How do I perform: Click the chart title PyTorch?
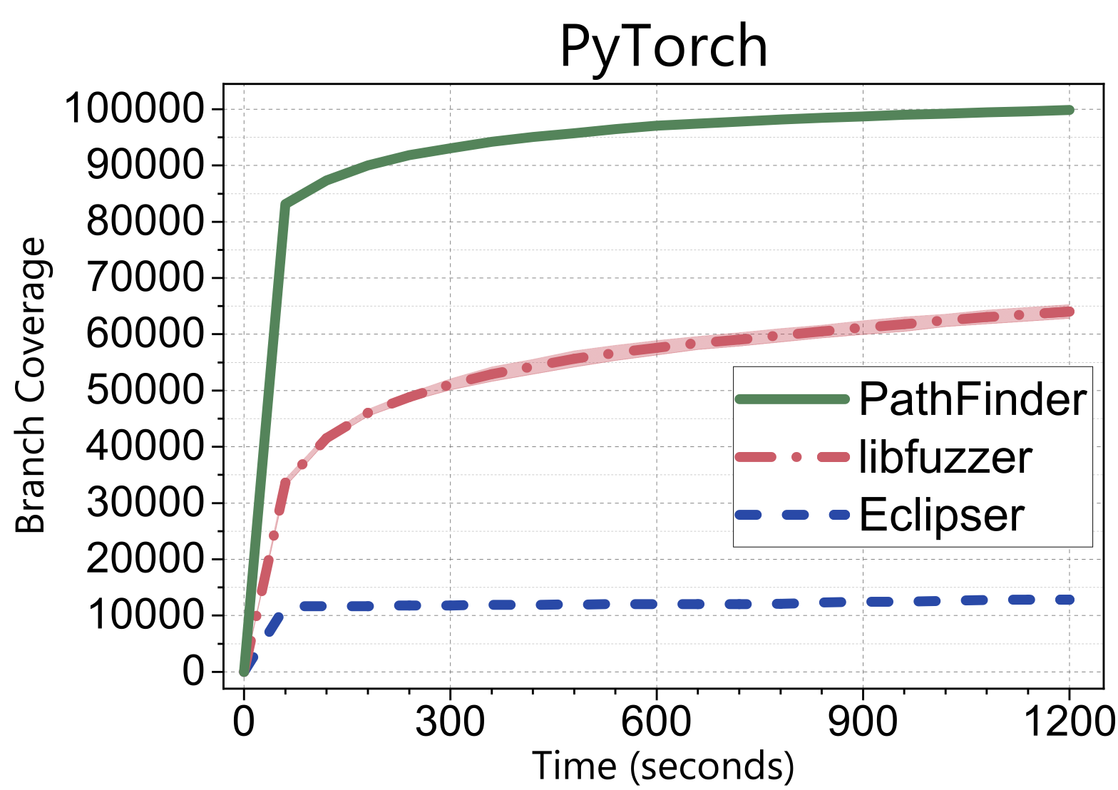tap(663, 47)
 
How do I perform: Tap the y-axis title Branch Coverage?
tap(31, 386)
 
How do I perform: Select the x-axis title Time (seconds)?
tap(663, 766)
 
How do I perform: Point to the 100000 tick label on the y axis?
tap(135, 109)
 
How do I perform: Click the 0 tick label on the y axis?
tap(193, 672)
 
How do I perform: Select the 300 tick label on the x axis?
tap(450, 722)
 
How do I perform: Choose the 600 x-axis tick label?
tap(656, 722)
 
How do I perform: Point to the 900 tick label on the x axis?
tap(863, 722)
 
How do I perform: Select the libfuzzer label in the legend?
tap(945, 457)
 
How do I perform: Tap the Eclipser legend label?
tap(941, 514)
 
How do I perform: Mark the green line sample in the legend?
tap(792, 399)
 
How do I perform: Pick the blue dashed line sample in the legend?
tap(792, 514)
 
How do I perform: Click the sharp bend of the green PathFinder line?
tap(285, 205)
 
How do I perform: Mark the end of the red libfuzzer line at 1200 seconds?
tap(1069, 312)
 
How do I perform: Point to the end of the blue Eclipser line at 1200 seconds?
tap(1069, 600)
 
